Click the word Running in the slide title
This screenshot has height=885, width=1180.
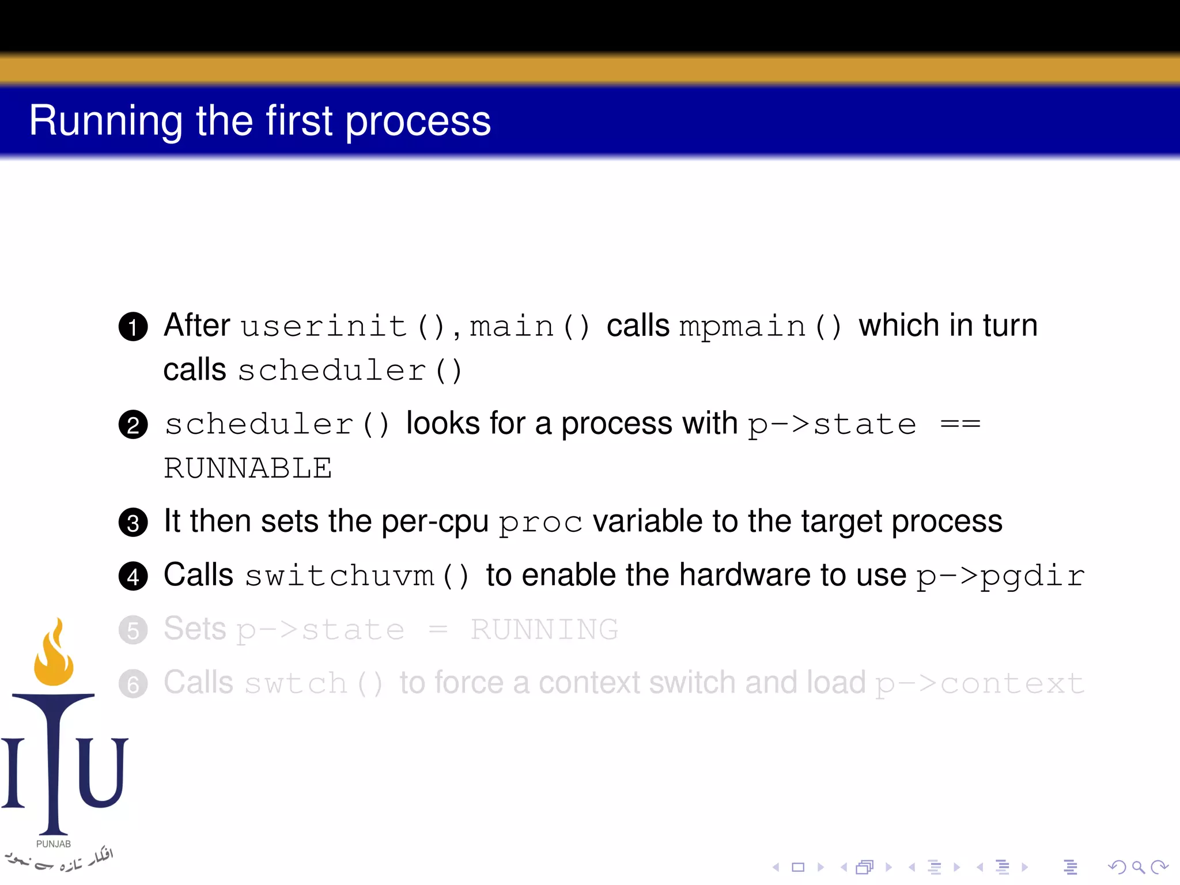(105, 122)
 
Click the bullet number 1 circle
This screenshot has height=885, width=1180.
(133, 327)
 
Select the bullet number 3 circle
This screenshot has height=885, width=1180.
(133, 523)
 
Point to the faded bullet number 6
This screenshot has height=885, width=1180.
(133, 684)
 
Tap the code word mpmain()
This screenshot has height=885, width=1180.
(760, 327)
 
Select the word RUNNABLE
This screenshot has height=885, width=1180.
(248, 468)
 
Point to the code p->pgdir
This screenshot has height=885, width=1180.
(1000, 576)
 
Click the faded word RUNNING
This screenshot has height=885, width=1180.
(544, 629)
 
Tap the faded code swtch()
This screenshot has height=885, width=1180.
(313, 684)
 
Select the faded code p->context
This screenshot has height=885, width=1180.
(979, 684)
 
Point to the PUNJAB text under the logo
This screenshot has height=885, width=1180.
(54, 844)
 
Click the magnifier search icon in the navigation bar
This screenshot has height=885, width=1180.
(1138, 867)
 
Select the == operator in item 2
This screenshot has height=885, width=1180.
(960, 425)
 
